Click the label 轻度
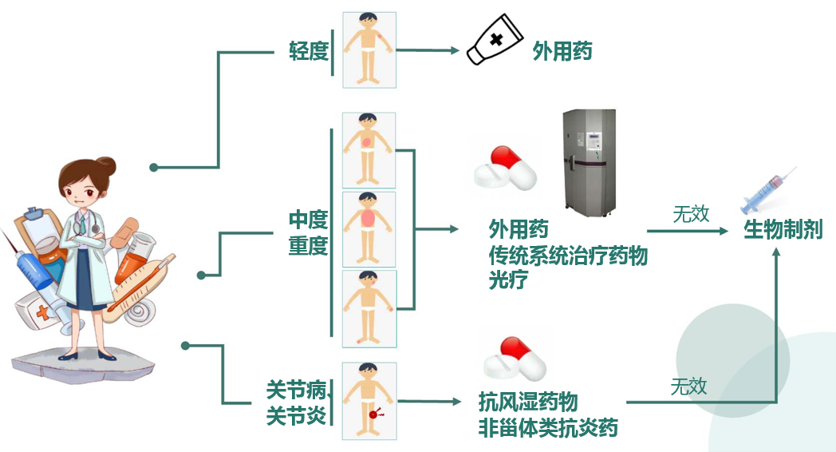pyautogui.click(x=309, y=51)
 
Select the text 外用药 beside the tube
pyautogui.click(x=562, y=53)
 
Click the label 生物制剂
pyautogui.click(x=783, y=230)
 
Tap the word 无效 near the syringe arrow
pyautogui.click(x=691, y=214)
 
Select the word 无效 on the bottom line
pyautogui.click(x=688, y=387)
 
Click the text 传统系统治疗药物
pyautogui.click(x=568, y=256)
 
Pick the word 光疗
pyautogui.click(x=508, y=280)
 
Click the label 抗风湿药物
pyautogui.click(x=528, y=401)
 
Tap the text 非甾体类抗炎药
pyautogui.click(x=548, y=427)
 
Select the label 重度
pyautogui.click(x=309, y=245)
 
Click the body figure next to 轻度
pyautogui.click(x=369, y=49)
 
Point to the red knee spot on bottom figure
pyautogui.click(x=373, y=414)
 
